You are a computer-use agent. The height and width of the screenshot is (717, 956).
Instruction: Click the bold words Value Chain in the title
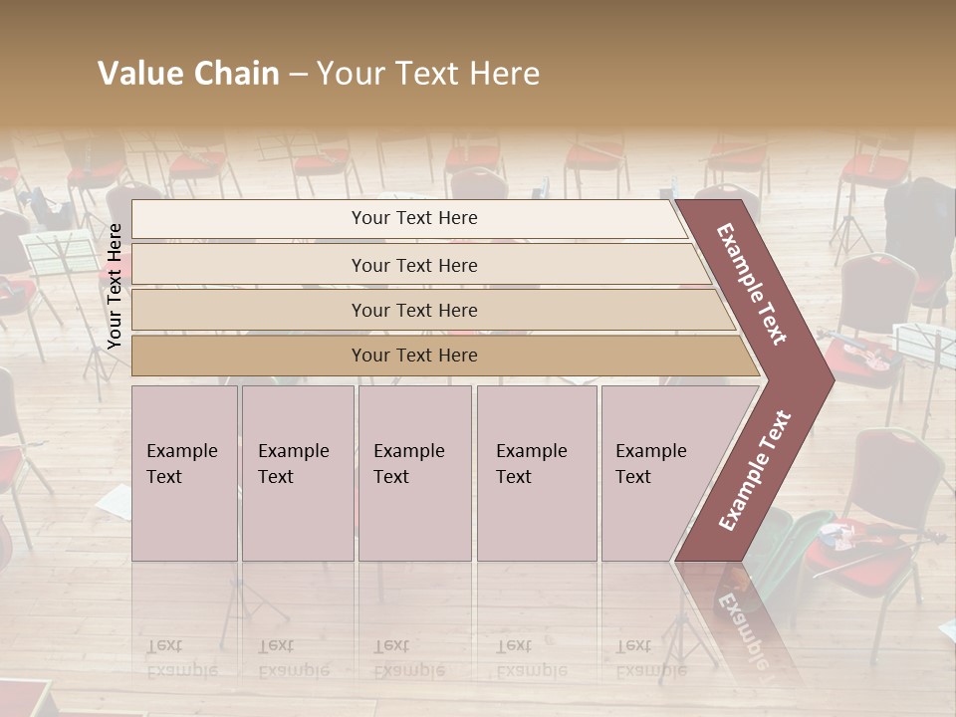click(188, 74)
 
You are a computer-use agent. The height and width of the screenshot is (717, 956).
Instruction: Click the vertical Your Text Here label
click(115, 286)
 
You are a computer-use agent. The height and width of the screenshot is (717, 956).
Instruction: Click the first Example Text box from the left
click(184, 473)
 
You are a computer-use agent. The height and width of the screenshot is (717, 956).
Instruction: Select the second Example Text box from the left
click(297, 473)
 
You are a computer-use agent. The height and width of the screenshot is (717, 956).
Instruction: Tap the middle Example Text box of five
click(414, 473)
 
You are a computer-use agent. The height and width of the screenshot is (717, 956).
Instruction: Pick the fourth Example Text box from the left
click(537, 473)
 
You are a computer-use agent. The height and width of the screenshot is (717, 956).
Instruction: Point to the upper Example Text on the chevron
click(752, 284)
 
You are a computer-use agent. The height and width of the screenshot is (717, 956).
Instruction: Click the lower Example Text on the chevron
click(756, 471)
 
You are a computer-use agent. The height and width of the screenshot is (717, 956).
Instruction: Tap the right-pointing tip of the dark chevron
click(831, 379)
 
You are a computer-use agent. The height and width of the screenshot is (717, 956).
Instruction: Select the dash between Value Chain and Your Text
click(298, 74)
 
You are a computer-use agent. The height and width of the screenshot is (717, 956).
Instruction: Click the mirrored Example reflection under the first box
click(182, 668)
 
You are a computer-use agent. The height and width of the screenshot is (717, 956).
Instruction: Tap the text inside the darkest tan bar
click(414, 356)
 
